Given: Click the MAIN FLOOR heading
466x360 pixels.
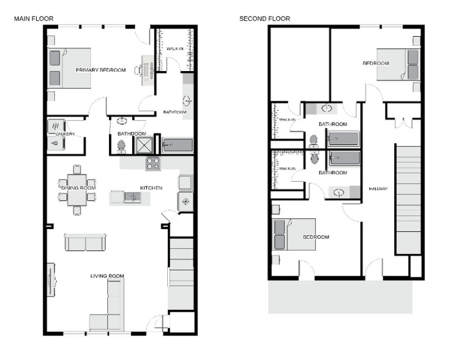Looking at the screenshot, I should click(x=34, y=19).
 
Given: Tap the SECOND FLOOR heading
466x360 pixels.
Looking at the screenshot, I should click(x=265, y=19).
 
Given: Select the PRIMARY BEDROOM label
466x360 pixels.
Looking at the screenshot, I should click(x=100, y=70).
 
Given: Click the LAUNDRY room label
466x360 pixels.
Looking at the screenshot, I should click(x=65, y=133).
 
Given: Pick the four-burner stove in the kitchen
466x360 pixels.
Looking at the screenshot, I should click(x=152, y=163).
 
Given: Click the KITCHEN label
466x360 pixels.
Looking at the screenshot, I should click(x=151, y=188).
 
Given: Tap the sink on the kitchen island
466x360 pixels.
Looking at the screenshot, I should click(x=132, y=197).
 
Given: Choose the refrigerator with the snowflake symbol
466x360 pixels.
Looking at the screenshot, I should click(x=186, y=201).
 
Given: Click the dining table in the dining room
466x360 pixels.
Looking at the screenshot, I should click(x=77, y=190).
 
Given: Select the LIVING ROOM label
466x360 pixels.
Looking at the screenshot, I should click(x=107, y=276).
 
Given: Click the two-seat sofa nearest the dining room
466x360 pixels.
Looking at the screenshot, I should click(x=86, y=242).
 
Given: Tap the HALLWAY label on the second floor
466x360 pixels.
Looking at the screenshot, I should click(x=377, y=189).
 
